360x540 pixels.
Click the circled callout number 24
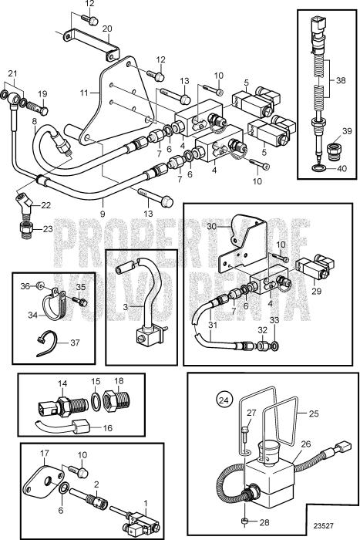(x=224, y=400)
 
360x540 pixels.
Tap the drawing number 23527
(x=323, y=526)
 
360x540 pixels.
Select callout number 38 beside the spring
(x=341, y=80)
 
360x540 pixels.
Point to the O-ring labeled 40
(x=321, y=168)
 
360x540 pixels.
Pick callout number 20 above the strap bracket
(x=107, y=29)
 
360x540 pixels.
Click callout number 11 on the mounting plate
(x=84, y=93)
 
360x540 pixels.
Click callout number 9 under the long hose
(x=103, y=214)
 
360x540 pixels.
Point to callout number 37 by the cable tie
(x=75, y=343)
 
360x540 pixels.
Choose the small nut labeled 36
(x=40, y=285)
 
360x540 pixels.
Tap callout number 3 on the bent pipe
(x=126, y=307)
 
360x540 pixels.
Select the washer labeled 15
(x=96, y=402)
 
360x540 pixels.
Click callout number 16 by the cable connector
(x=108, y=428)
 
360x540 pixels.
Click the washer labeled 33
(x=275, y=346)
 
